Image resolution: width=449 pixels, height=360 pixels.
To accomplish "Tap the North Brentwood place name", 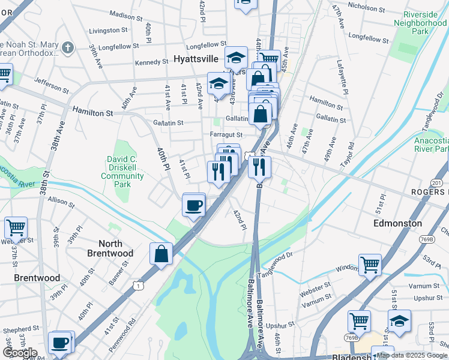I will click(110, 248).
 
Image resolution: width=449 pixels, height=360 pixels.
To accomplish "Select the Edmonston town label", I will click(397, 223).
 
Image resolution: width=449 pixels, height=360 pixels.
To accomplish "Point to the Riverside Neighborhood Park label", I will click(420, 22).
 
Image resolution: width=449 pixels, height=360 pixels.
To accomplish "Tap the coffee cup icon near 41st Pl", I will click(194, 206).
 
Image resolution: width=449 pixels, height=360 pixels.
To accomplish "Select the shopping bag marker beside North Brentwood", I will click(162, 254).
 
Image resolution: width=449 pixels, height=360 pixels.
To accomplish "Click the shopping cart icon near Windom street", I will click(370, 265).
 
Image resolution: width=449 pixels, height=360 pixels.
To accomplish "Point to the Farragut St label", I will click(226, 135).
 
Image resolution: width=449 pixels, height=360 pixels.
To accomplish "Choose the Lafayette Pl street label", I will click(343, 76).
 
